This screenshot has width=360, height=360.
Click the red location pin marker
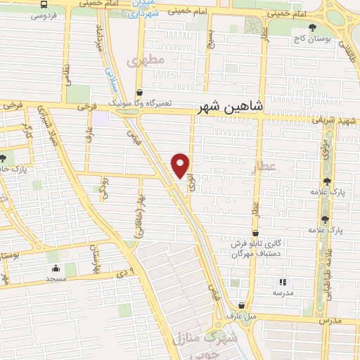pyautogui.click(x=181, y=165)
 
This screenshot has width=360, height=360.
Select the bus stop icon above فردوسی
pyautogui.click(x=44, y=4)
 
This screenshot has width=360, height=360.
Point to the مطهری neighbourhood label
pyautogui.click(x=146, y=61)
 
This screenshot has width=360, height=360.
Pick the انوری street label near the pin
pyautogui.click(x=191, y=184)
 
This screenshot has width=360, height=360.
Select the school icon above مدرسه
pyautogui.click(x=283, y=282)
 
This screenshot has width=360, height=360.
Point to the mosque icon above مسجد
pyautogui.click(x=55, y=267)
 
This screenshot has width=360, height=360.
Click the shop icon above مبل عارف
pyautogui.click(x=243, y=306)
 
